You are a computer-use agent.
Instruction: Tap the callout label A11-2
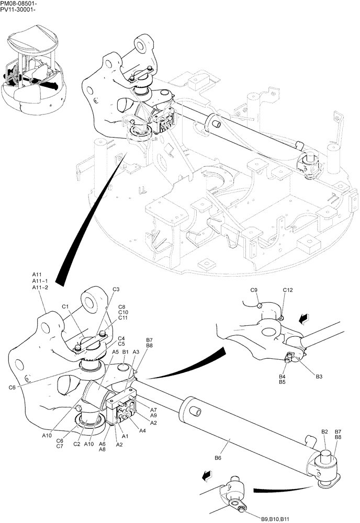[39, 288]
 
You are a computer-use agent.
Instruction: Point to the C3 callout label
[116, 290]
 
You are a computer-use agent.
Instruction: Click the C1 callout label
[66, 307]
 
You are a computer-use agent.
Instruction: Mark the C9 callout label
[254, 290]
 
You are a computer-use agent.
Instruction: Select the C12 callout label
[288, 290]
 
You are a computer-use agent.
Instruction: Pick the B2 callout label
[324, 431]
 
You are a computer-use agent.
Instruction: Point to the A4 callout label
[143, 430]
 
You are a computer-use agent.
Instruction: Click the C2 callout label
[76, 444]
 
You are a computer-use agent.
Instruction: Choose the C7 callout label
[59, 447]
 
